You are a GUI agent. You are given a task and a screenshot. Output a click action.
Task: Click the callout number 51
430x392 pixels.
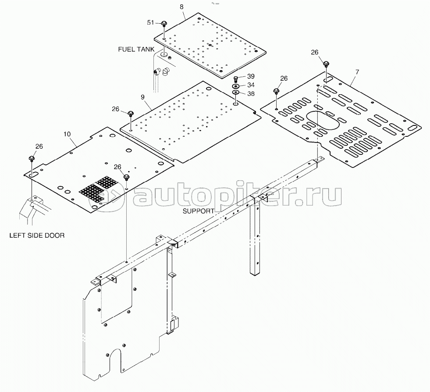point(150,22)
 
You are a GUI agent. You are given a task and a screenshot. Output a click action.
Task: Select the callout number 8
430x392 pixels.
point(181,7)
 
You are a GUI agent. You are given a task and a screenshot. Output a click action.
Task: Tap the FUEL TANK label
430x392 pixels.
point(136,50)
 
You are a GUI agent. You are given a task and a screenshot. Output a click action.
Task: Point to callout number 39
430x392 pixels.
point(251,76)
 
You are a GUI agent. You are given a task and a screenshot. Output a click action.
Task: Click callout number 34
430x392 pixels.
point(251,85)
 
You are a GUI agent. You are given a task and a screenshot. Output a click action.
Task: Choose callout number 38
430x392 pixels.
point(251,94)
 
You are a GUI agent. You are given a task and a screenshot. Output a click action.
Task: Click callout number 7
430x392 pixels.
point(357,72)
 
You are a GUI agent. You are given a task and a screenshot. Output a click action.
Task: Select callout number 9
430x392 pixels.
point(142,97)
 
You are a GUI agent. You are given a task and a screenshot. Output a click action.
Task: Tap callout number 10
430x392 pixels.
point(67,134)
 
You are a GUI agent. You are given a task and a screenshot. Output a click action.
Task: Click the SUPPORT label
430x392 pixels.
point(199,211)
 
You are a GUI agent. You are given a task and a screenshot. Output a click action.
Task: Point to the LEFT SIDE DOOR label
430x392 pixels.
point(37,235)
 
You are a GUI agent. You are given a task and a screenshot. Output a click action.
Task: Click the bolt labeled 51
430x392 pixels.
point(164,25)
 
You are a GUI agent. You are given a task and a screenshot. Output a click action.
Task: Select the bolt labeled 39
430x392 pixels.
point(236,79)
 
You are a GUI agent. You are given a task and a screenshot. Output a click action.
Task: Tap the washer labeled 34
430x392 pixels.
point(235,86)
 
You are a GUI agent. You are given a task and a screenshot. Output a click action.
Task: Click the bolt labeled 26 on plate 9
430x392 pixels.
point(131,114)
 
